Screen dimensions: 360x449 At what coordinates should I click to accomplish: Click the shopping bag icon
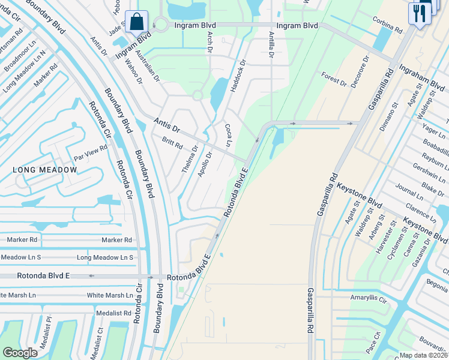[137, 21]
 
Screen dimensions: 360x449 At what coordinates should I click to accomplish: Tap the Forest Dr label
[334, 78]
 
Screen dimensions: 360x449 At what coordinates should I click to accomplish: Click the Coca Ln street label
[228, 135]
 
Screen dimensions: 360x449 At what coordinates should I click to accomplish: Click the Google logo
[20, 353]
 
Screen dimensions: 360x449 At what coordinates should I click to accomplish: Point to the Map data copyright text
[424, 355]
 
